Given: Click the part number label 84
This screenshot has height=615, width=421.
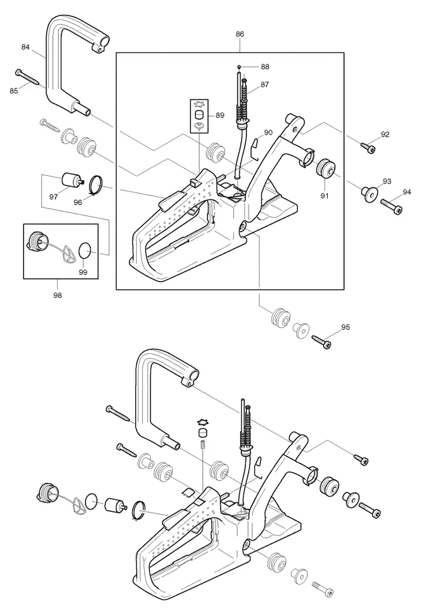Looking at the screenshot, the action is pyautogui.click(x=25, y=47).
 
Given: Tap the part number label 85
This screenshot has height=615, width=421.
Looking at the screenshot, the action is pyautogui.click(x=14, y=90).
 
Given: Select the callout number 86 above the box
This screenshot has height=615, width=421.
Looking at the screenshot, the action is pyautogui.click(x=240, y=34).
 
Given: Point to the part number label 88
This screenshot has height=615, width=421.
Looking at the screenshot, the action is pyautogui.click(x=265, y=67).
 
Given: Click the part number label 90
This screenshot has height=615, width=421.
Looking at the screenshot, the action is pyautogui.click(x=268, y=133).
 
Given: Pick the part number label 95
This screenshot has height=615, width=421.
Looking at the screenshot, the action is pyautogui.click(x=346, y=327).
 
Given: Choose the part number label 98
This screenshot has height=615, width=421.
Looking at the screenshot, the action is pyautogui.click(x=58, y=295).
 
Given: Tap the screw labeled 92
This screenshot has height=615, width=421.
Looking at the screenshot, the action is pyautogui.click(x=368, y=148).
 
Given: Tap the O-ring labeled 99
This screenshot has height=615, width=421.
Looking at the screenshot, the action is pyautogui.click(x=85, y=250).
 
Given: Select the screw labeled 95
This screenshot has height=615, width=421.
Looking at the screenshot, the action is pyautogui.click(x=322, y=341).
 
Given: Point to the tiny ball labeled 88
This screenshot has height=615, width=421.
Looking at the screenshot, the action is pyautogui.click(x=238, y=67).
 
